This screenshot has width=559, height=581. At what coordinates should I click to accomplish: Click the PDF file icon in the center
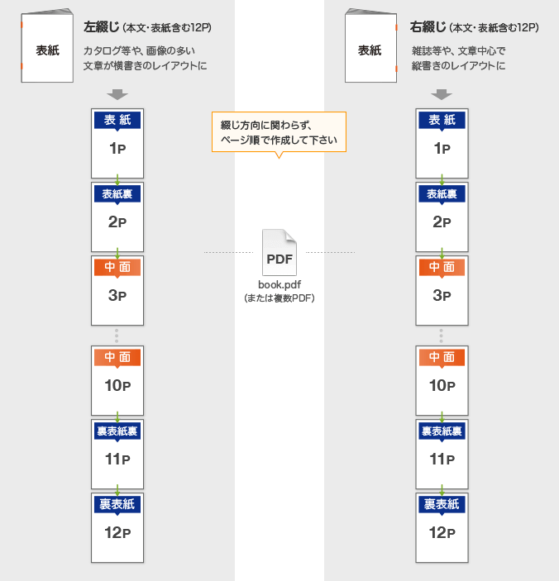279,252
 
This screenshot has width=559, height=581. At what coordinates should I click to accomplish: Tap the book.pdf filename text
279,285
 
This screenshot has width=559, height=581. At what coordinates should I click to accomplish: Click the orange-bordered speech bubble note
279,133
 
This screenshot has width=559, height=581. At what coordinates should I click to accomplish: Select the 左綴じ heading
101,27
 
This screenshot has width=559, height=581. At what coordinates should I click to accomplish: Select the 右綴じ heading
428,27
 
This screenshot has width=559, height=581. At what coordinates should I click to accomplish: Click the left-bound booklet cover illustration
47,46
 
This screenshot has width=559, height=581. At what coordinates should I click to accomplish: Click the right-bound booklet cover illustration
371,46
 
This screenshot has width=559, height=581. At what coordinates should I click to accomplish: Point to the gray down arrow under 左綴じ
117,94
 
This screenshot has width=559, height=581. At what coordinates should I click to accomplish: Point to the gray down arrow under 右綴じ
442,94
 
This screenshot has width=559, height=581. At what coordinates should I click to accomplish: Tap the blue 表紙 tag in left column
117,121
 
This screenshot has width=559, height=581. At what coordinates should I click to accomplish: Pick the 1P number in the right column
442,149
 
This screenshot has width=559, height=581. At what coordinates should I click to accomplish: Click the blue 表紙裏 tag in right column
442,194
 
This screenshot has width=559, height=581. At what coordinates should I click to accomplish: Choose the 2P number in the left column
117,222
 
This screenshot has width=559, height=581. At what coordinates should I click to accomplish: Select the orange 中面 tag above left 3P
117,268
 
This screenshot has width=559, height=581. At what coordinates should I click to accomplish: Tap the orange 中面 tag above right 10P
442,358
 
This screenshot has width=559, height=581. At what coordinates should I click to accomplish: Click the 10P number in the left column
117,386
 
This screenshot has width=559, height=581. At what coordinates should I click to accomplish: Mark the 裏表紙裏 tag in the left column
117,431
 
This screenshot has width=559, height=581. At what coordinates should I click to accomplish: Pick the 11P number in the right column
442,460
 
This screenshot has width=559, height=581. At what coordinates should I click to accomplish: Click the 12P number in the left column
117,533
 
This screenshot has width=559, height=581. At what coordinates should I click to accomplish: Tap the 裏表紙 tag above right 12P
442,505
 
